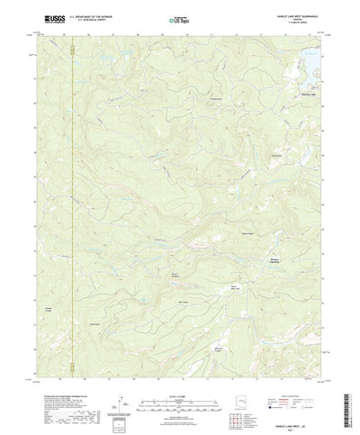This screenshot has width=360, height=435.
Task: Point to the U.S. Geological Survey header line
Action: [x=90, y=19]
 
